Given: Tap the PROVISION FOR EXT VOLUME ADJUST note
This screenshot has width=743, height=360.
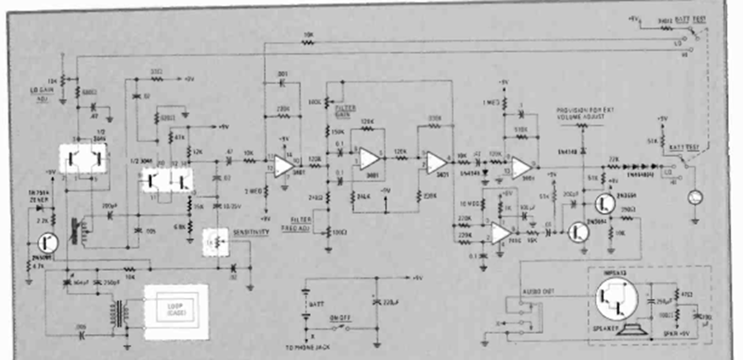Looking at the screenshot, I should (x=583, y=115).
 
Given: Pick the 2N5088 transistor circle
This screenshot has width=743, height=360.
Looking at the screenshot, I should (x=49, y=243).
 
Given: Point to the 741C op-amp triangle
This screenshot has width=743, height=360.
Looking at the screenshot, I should (x=500, y=231).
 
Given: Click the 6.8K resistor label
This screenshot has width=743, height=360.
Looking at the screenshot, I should (x=181, y=228).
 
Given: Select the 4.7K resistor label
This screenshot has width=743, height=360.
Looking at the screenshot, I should (x=39, y=267).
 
